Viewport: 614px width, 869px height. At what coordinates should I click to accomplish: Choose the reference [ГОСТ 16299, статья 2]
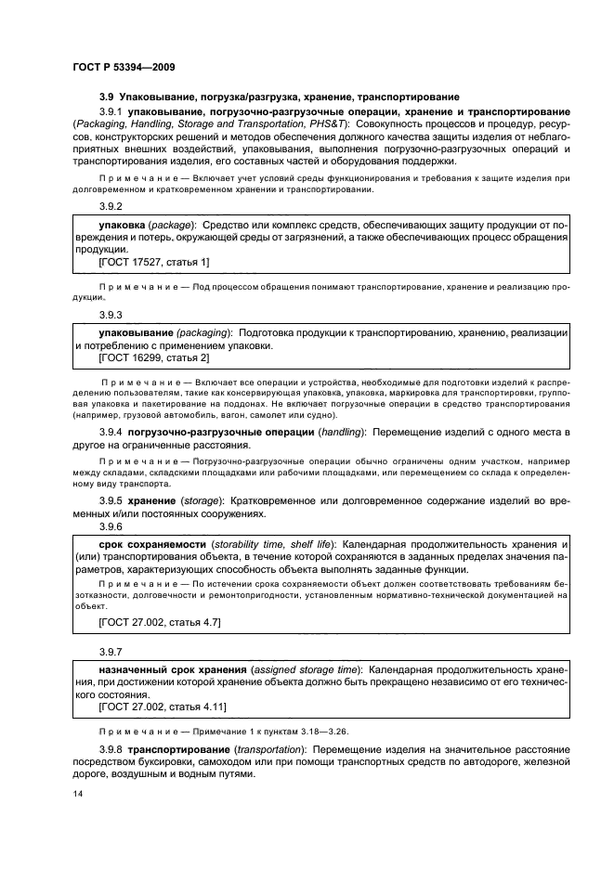coord(153,357)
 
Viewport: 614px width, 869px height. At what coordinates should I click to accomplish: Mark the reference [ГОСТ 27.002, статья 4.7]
coord(159,619)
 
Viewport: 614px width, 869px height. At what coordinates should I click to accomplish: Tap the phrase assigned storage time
coord(306,669)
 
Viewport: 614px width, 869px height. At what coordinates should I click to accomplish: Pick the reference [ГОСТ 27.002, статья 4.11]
coord(162,707)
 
